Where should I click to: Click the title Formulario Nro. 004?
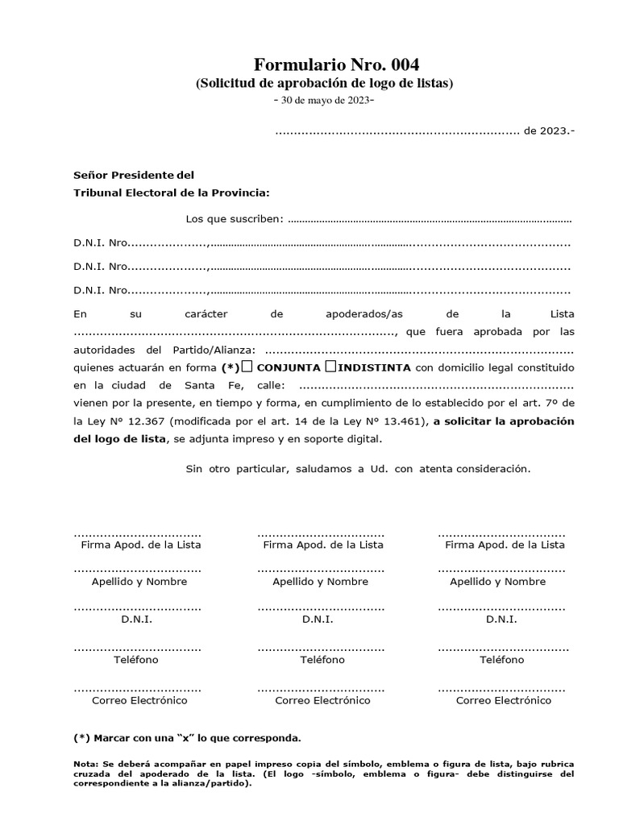click(337, 64)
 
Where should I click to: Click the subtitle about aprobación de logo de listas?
click(325, 83)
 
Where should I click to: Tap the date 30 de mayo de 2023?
click(324, 100)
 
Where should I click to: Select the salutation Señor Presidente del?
click(134, 175)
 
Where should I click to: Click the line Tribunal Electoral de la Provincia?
click(172, 193)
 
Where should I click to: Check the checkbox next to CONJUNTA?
click(247, 367)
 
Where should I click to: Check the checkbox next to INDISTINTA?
click(330, 367)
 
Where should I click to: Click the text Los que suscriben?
click(235, 219)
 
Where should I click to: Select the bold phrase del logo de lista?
click(119, 439)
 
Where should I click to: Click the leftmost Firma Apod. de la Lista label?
click(141, 545)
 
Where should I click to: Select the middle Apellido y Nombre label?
click(320, 582)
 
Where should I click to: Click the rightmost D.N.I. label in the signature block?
click(501, 620)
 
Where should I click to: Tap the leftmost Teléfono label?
click(137, 660)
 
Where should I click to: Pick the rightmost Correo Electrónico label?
click(504, 701)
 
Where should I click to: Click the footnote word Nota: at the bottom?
click(86, 763)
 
